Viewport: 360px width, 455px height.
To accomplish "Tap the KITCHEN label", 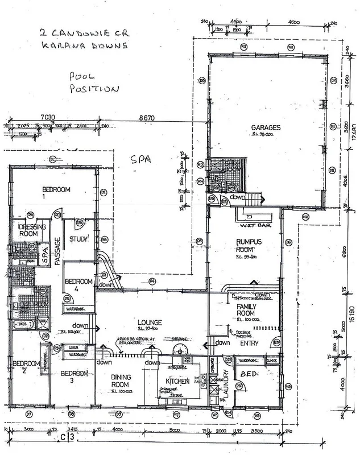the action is point(176,380).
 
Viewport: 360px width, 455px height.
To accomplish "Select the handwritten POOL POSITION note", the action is point(94,82).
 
